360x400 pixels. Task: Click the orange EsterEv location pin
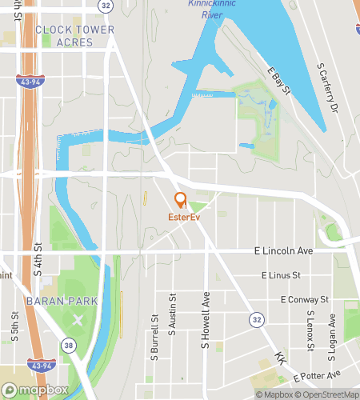tap(180, 201)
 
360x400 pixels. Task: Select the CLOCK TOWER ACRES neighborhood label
tap(75, 36)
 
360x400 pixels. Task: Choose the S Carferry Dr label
tap(328, 86)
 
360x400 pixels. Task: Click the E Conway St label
tap(305, 300)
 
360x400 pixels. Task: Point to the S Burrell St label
tap(154, 335)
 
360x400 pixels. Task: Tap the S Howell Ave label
tap(206, 320)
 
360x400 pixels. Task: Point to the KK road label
tap(280, 358)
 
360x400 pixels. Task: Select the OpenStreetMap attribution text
tap(326, 394)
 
